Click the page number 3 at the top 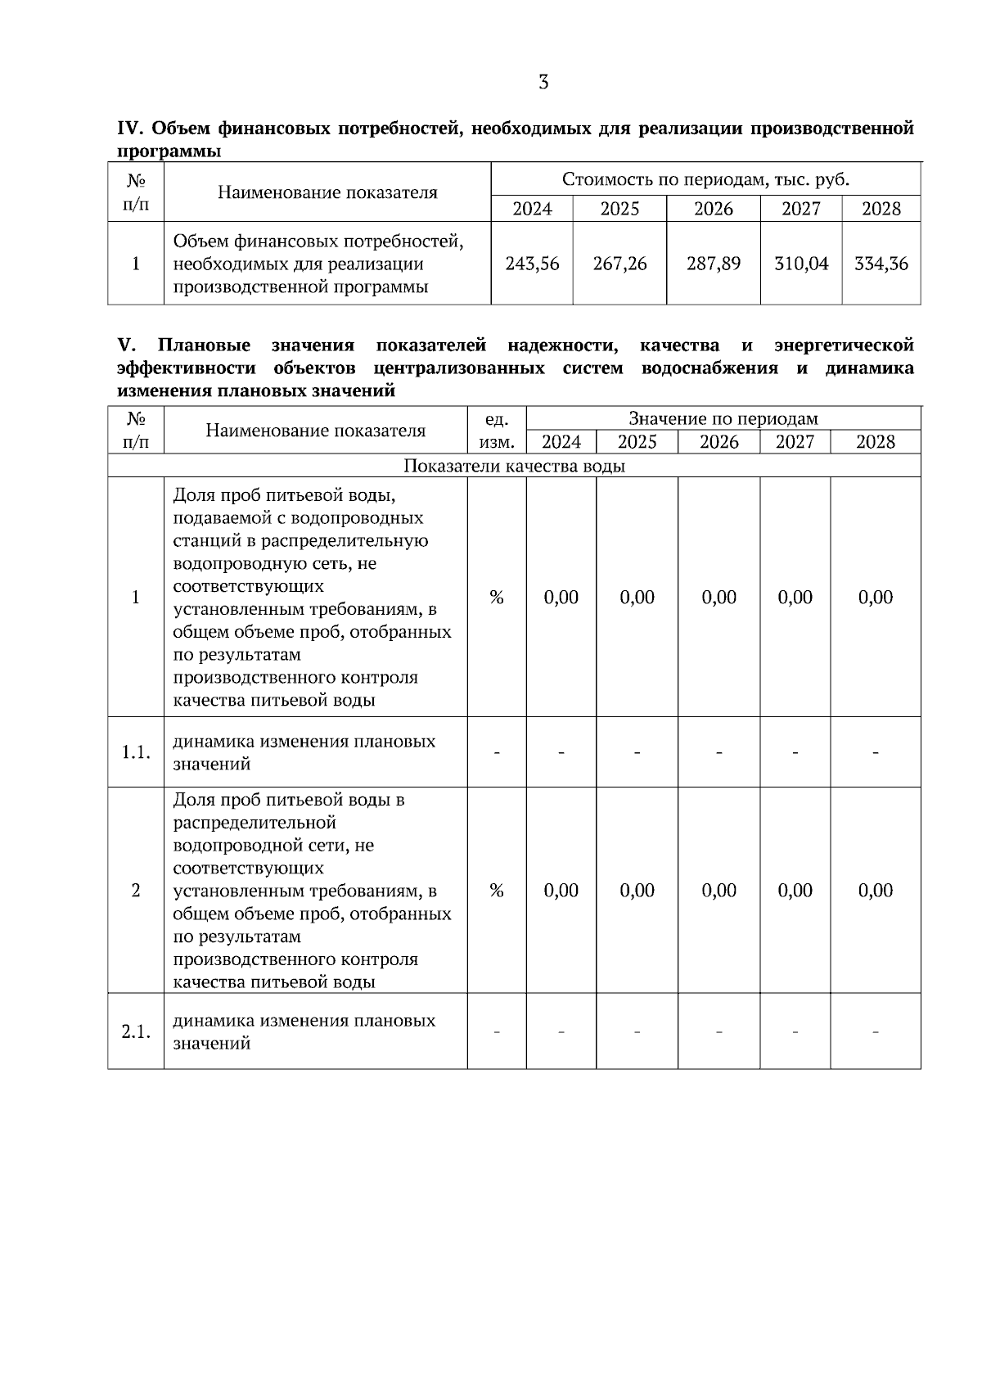tap(543, 82)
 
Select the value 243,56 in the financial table tap(532, 264)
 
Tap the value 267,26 tap(619, 264)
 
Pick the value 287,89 tap(714, 264)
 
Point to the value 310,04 tap(801, 264)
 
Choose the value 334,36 tap(881, 264)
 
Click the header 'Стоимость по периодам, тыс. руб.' tap(705, 179)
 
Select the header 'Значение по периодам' tap(723, 419)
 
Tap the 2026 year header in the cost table tap(714, 209)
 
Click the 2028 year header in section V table tap(876, 442)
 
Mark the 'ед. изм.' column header tap(496, 431)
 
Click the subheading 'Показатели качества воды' tap(514, 466)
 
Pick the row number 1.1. tap(136, 752)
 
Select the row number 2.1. tap(136, 1031)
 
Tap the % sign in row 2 tap(496, 891)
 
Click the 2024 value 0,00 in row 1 tap(561, 598)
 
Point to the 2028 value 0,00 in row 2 tap(876, 891)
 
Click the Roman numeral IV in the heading tap(131, 129)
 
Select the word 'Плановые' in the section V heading tap(205, 345)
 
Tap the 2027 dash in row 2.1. tap(795, 1032)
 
